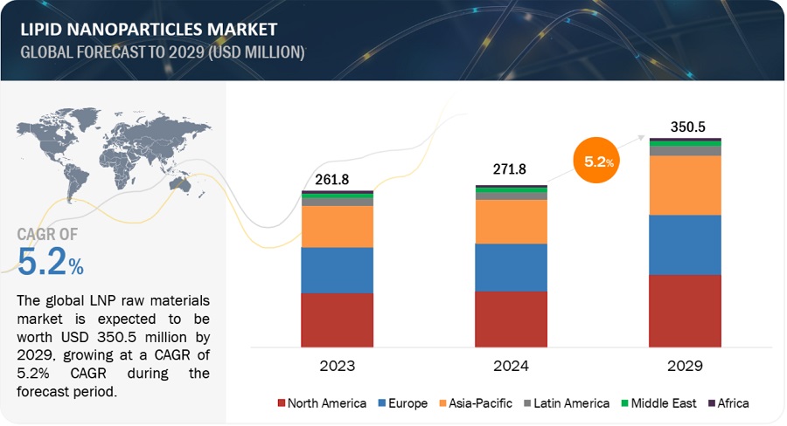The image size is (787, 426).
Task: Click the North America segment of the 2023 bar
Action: [337, 320]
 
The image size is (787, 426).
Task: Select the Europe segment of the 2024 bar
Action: [511, 267]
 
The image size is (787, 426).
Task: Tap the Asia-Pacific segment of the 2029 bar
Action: [685, 185]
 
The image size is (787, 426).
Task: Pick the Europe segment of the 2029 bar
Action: [685, 244]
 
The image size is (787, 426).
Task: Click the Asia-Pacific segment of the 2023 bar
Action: [337, 226]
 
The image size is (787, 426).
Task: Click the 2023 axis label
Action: [337, 366]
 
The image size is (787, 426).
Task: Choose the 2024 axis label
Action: [511, 366]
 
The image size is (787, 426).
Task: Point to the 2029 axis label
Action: [685, 366]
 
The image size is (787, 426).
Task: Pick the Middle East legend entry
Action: [662, 403]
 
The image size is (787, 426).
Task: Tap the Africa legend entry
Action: [728, 403]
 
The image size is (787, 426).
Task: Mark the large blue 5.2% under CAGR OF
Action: [51, 260]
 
